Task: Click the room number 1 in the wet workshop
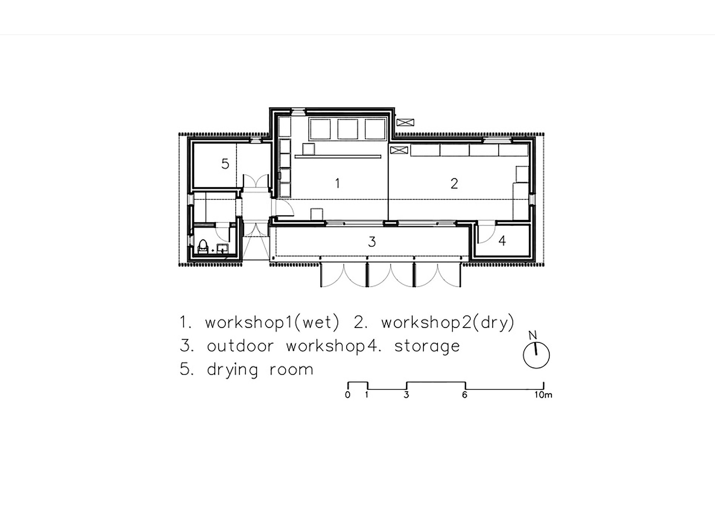pos(337,183)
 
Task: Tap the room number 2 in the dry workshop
pos(454,183)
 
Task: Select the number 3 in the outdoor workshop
pos(372,242)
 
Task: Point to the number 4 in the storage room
pos(502,241)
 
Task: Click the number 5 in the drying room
pos(225,164)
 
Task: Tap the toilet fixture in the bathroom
pos(203,247)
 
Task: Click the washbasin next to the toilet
pos(222,249)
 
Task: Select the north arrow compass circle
pos(536,355)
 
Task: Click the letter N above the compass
pos(533,335)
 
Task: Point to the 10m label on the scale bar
pos(543,395)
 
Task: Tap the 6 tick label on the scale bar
pos(464,395)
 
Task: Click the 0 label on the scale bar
pos(347,395)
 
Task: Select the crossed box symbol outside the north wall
pos(405,122)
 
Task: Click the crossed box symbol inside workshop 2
pos(399,150)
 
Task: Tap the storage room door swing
pos(487,232)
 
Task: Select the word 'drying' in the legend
pos(232,370)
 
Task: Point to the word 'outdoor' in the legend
pos(240,346)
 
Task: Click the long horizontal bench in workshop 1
pos(338,156)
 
